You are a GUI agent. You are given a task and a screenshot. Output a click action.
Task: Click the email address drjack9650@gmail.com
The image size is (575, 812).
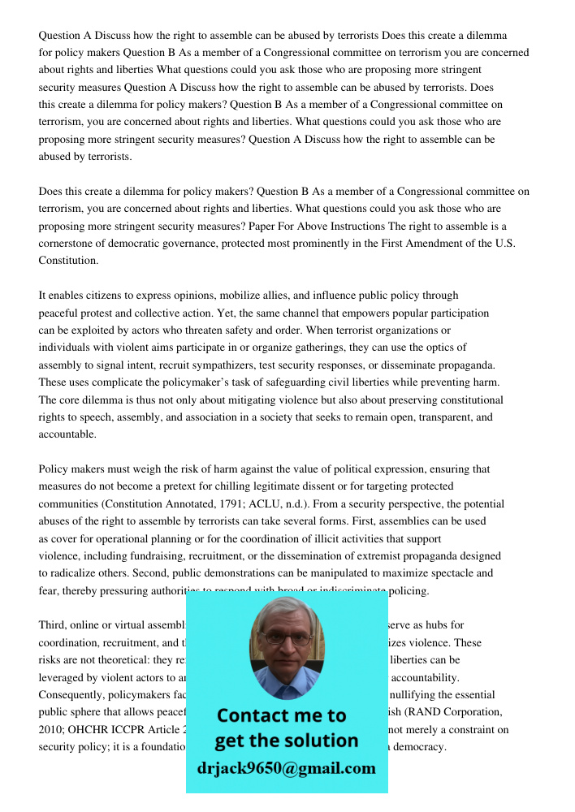(x=286, y=768)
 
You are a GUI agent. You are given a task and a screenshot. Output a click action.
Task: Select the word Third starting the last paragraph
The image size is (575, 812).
(x=52, y=625)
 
